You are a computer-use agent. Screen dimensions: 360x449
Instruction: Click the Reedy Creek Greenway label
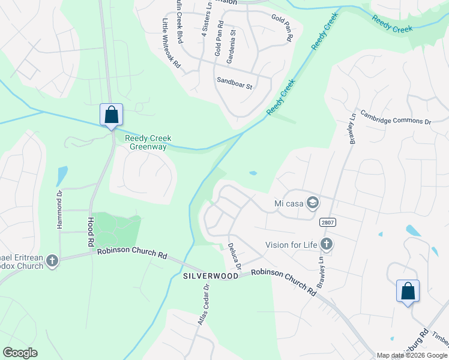coord(148,143)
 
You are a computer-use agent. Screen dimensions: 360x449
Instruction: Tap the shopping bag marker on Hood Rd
coord(111,115)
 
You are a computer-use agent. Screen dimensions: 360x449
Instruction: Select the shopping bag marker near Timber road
coord(408,292)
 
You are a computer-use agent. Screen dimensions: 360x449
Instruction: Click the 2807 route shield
coord(328,222)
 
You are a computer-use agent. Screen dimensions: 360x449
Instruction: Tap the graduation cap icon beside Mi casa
coord(312,203)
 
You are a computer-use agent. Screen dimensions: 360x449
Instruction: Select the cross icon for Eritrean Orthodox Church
coord(52,261)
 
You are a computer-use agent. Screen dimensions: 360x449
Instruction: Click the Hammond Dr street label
coord(59,209)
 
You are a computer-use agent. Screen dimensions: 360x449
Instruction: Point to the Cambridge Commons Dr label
coord(397,121)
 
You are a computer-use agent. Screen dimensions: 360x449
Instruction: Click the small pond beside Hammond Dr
coord(62,176)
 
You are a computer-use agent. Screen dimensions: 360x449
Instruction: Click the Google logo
coord(20,353)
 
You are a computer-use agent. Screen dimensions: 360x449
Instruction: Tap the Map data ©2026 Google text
coord(411,355)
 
